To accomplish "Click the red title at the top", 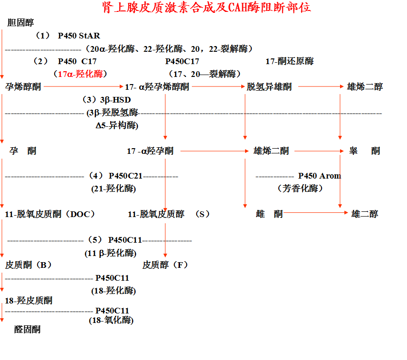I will tap(207, 8).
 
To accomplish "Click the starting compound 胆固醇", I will tap(20, 23).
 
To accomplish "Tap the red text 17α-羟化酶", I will tap(80, 74).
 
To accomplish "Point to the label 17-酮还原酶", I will tap(289, 61).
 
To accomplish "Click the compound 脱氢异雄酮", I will tap(269, 86).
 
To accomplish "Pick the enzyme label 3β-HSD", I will tap(113, 100).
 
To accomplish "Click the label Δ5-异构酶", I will tap(117, 125).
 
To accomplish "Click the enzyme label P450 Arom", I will tap(319, 176).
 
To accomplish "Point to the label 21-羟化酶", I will tap(114, 189).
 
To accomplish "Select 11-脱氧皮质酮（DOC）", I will tap(50, 214).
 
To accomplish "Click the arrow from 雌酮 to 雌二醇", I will tap(316, 213).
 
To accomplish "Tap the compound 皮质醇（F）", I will tap(165, 265).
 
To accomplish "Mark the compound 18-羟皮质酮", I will tap(28, 300).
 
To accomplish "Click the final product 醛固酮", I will tap(27, 329).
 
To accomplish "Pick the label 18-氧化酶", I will tap(111, 320).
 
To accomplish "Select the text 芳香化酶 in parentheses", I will tap(300, 189).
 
